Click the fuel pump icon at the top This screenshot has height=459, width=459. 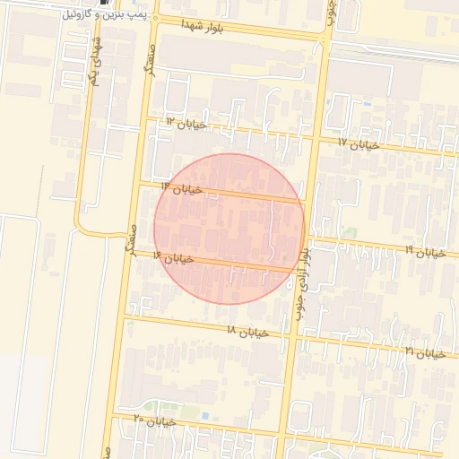point(109,3)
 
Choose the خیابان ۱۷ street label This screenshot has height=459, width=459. point(359,143)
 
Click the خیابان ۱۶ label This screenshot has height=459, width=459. point(173,258)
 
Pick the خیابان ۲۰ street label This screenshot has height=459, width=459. point(153,420)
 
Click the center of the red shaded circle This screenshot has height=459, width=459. point(229,229)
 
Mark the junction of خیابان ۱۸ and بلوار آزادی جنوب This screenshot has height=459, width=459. point(290,338)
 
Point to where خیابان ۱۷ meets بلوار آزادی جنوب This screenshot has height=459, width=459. point(317,138)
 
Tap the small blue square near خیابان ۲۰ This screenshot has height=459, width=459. point(205,416)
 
